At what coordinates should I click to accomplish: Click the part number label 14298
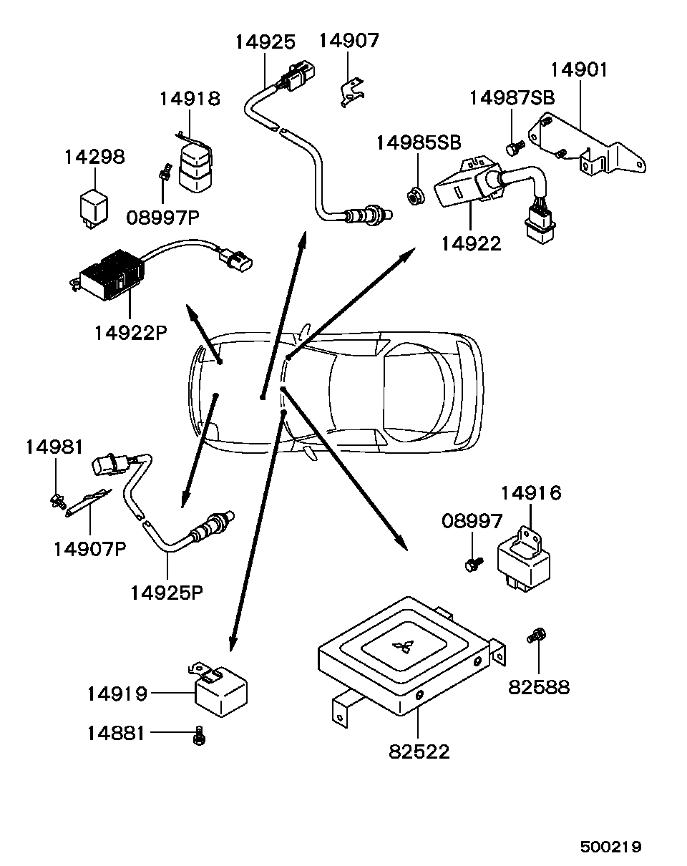coord(94,157)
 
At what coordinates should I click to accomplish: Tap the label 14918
coord(189,98)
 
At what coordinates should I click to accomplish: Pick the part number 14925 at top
coord(265,42)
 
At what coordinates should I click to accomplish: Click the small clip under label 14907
coord(350,92)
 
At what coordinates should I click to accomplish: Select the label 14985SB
coord(419,142)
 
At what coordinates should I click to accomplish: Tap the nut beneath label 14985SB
coord(414,193)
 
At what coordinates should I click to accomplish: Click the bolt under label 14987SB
coord(512,148)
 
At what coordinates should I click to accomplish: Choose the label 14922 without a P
coord(471,243)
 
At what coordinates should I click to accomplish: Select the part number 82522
coord(419,751)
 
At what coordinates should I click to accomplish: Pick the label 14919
coord(117,694)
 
